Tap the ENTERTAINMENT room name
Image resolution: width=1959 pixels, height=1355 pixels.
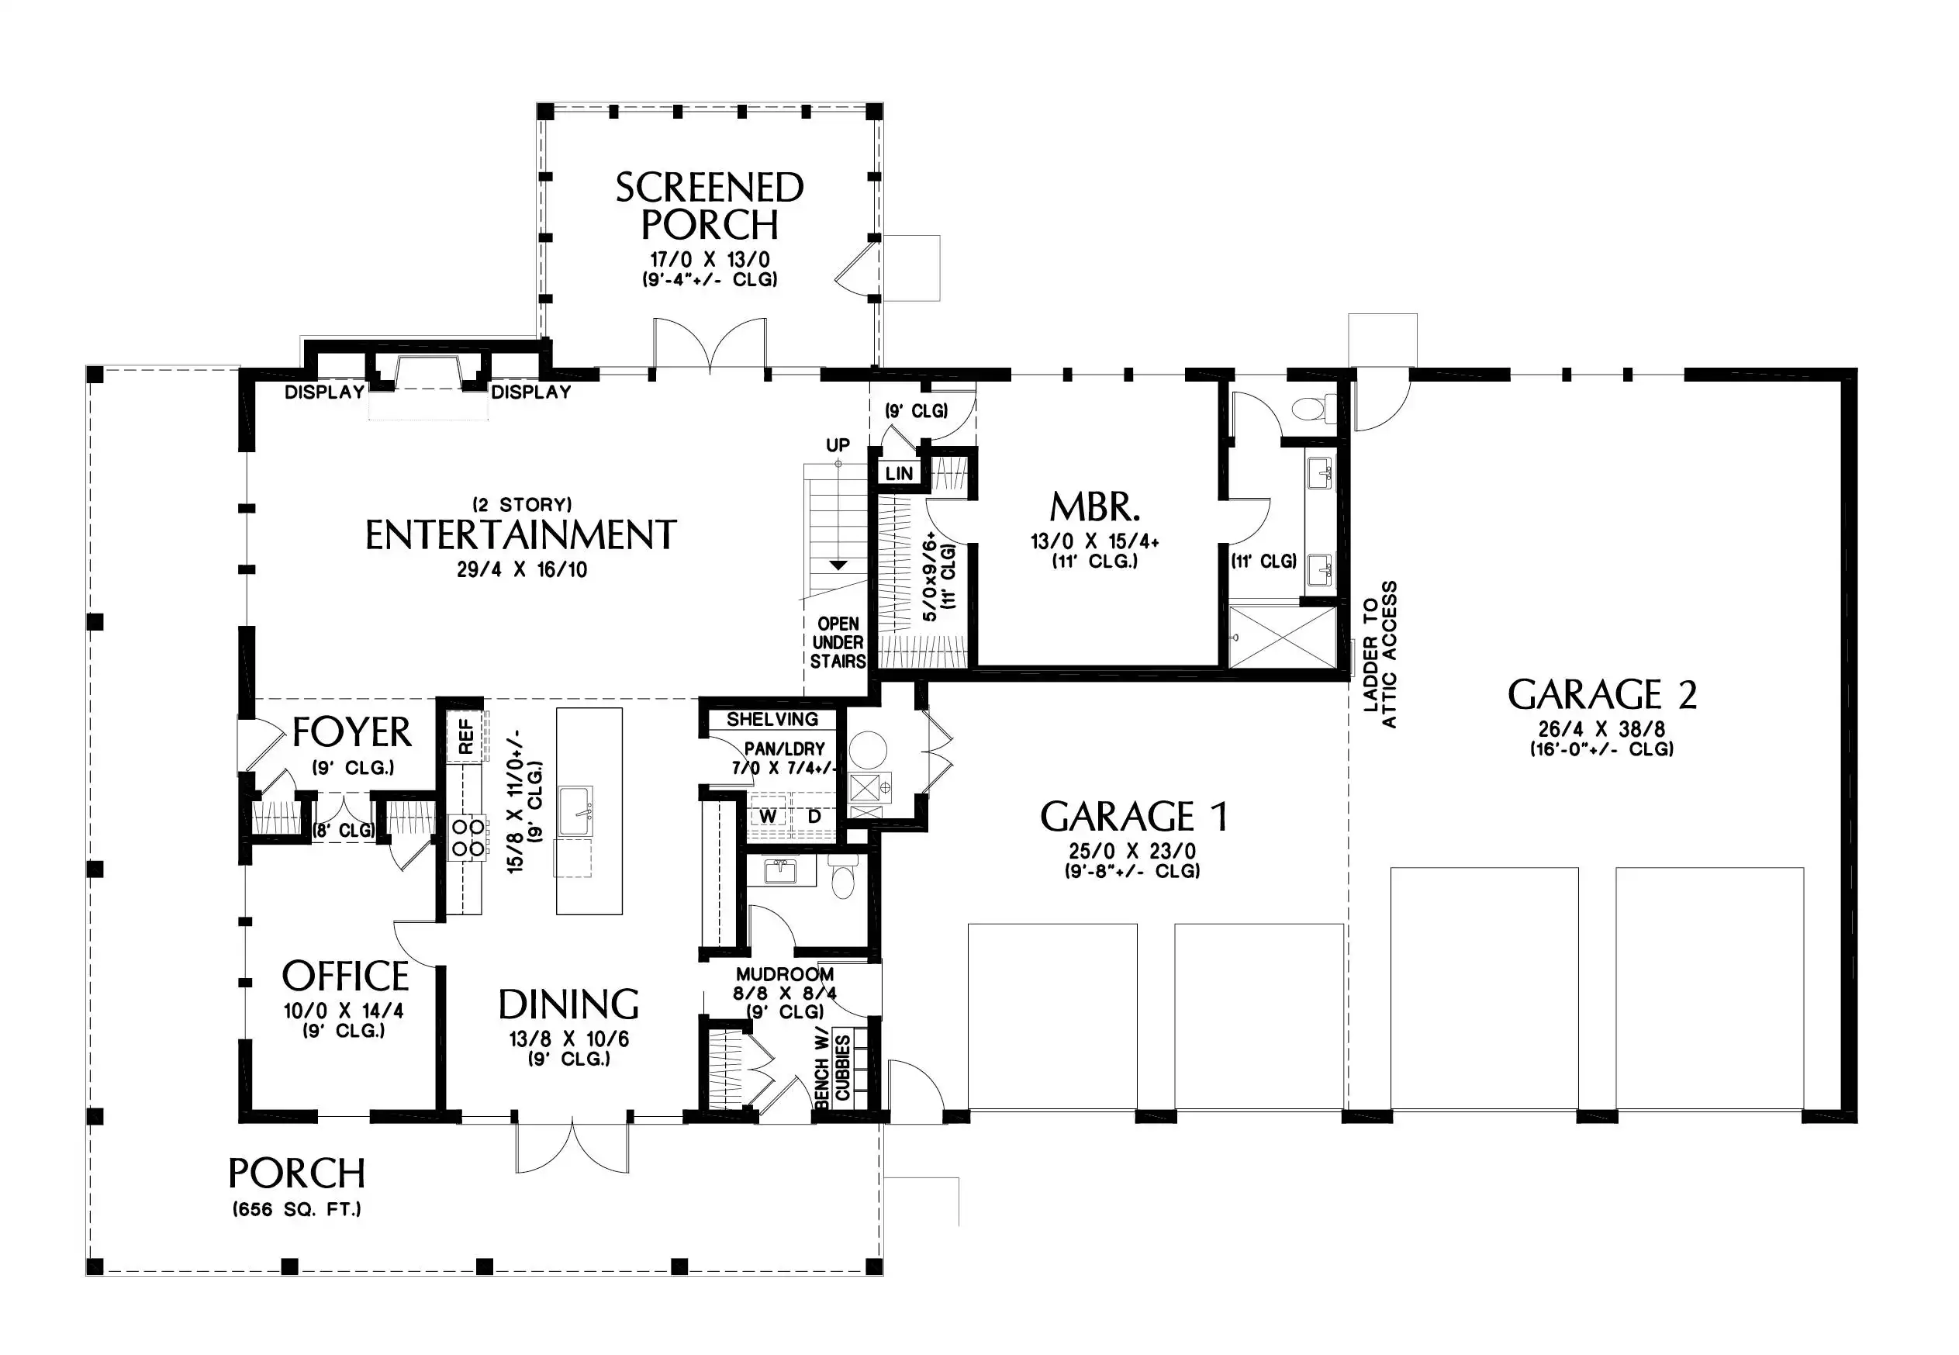(520, 536)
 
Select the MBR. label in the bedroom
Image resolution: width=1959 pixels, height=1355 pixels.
(1094, 508)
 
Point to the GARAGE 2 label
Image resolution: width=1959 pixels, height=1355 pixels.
(1601, 694)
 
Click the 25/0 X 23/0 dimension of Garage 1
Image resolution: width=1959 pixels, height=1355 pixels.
(1132, 851)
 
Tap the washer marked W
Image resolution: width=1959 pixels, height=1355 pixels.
(767, 817)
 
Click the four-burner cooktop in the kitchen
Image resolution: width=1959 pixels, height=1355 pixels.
(468, 836)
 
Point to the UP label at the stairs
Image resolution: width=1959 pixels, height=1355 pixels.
(838, 445)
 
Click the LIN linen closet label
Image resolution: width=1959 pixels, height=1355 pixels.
(899, 474)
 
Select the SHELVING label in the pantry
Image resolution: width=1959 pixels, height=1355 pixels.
(772, 719)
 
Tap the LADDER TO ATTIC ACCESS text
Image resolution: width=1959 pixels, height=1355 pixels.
(1379, 655)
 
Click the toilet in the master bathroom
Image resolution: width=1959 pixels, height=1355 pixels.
(1312, 410)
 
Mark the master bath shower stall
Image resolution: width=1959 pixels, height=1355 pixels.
(1282, 637)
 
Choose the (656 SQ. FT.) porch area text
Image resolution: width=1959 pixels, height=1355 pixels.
(297, 1209)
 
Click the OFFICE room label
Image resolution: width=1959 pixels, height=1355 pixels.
(344, 976)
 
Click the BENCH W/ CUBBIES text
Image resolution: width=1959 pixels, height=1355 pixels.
(832, 1070)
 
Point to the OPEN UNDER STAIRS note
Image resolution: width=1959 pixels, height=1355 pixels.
(838, 643)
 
